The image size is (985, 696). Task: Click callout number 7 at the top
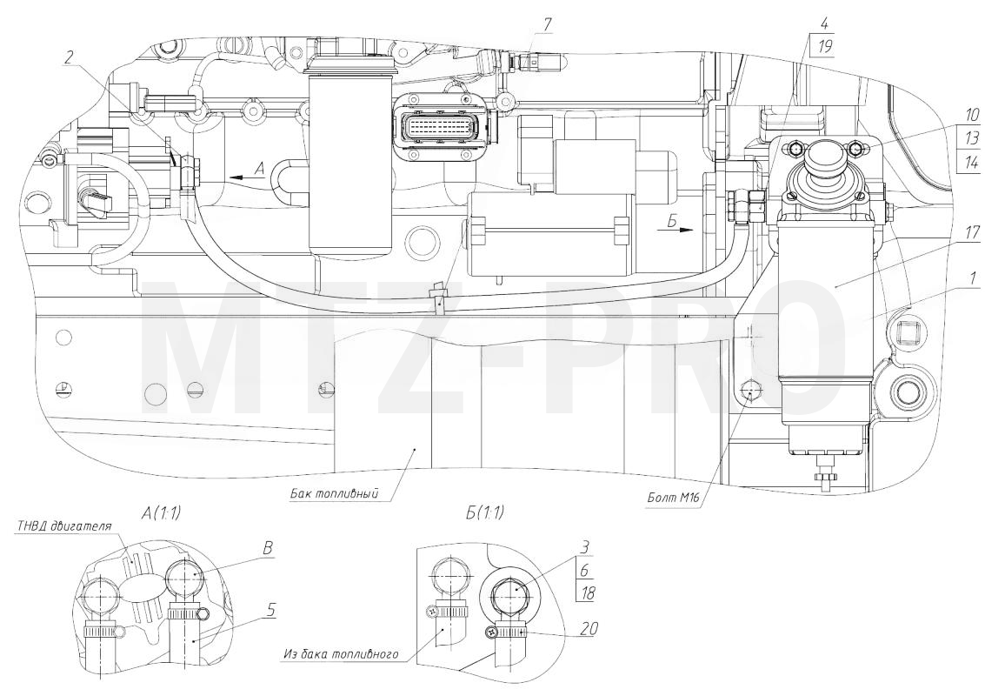pos(547,25)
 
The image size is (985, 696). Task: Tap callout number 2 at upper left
pos(69,57)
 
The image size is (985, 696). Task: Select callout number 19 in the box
pos(825,46)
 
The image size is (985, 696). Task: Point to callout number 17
pos(972,233)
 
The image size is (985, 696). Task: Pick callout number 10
pos(971,115)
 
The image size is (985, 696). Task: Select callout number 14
pos(971,162)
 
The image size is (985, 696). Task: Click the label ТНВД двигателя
pos(63,526)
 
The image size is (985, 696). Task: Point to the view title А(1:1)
pos(162,513)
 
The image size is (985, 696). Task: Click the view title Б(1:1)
pos(484,512)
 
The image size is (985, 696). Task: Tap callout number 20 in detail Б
pos(589,628)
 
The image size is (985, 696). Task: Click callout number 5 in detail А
pos(270,609)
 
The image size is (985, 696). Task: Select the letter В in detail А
pos(267,548)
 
